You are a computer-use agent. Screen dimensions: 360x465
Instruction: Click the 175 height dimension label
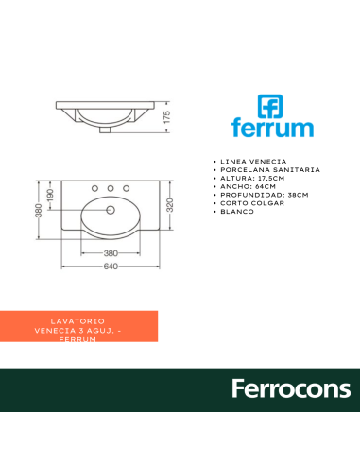click(x=167, y=117)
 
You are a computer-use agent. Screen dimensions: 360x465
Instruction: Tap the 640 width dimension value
click(x=111, y=267)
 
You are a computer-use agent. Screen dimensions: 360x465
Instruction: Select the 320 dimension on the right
click(x=170, y=205)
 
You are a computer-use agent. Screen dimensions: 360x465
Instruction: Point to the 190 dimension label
click(x=50, y=196)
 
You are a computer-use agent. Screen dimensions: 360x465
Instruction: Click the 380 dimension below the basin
click(x=111, y=253)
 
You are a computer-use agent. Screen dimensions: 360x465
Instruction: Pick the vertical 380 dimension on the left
click(x=39, y=211)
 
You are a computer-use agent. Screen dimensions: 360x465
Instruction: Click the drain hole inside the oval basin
click(x=111, y=210)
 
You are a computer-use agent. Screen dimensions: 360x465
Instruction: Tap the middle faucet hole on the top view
click(x=111, y=188)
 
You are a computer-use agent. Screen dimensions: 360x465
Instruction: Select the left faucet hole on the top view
click(x=94, y=188)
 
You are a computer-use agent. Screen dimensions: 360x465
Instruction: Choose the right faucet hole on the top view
click(x=127, y=188)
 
